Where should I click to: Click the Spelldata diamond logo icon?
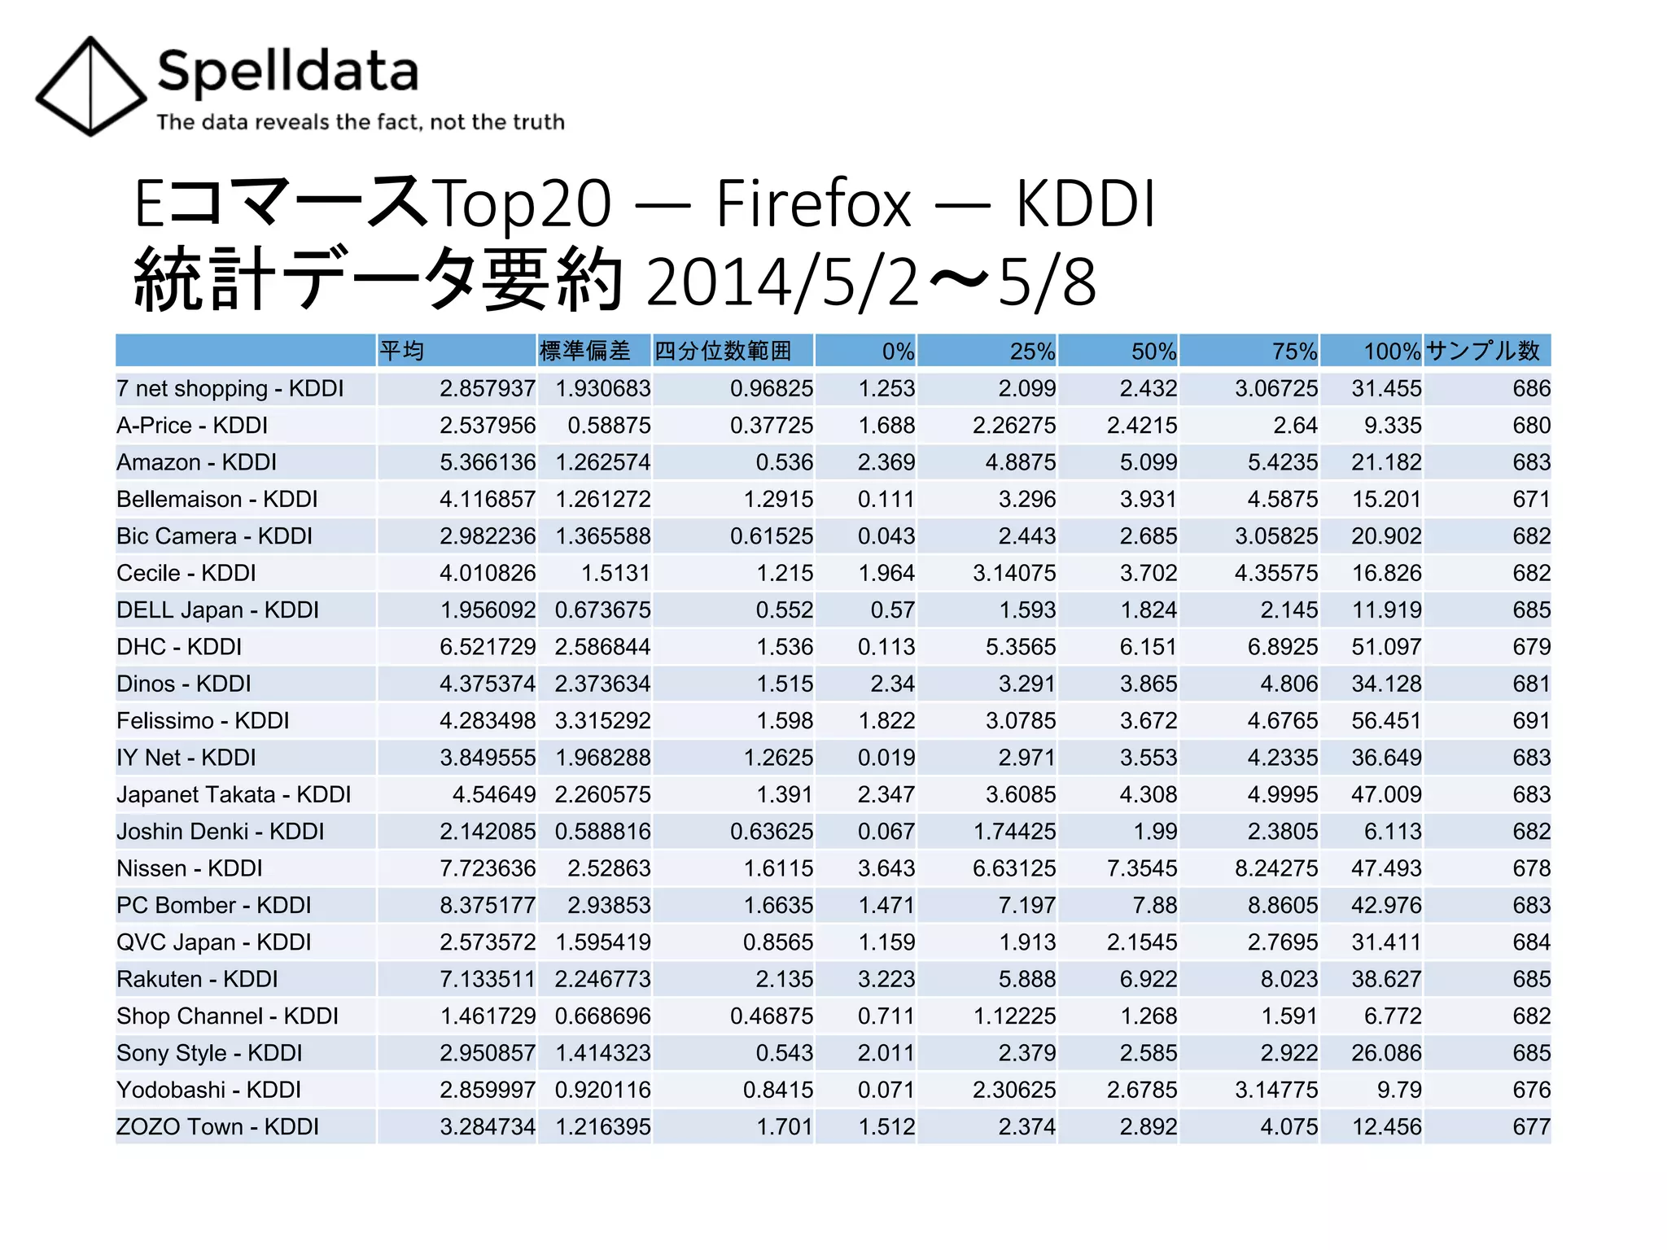90,86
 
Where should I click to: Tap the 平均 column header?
402,351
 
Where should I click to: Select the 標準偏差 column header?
584,351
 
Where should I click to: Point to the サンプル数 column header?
1483,351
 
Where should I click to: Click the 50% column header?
1153,352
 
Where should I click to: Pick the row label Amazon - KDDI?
196,462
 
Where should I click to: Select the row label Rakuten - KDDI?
197,979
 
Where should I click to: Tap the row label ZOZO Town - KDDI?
217,1127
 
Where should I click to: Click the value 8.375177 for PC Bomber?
488,906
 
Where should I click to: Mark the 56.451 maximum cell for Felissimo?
1386,721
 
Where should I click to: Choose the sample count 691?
1531,721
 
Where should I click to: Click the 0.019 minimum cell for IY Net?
886,758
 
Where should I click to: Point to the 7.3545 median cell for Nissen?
1141,868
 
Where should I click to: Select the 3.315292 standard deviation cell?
602,721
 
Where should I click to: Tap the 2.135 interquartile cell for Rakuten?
784,979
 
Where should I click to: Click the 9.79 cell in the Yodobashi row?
1398,1090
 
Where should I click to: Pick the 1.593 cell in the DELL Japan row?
1026,610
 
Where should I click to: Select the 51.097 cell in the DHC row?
1386,647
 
